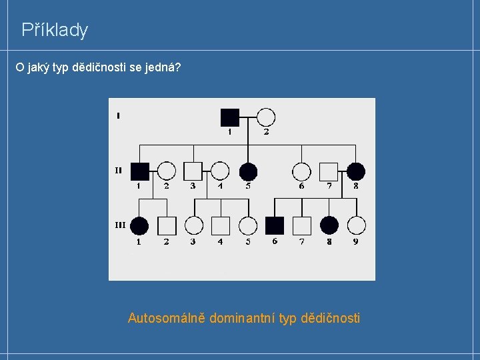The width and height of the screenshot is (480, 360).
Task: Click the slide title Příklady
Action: pos(55,30)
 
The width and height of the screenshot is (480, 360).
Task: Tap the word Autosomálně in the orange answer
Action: pos(167,318)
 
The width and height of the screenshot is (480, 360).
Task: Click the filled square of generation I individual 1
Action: pos(229,117)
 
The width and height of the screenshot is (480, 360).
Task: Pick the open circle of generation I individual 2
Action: pos(266,117)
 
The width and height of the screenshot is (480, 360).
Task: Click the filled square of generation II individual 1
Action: pos(139,171)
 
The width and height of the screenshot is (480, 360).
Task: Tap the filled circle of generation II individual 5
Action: pos(248,171)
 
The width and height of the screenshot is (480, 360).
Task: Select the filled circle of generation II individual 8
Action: pos(355,171)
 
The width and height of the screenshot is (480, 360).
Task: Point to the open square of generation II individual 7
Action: pos(329,171)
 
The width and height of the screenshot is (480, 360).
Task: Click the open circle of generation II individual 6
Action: pos(301,171)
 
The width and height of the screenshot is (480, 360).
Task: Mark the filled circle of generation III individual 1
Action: pos(139,225)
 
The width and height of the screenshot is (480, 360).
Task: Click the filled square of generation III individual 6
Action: pos(275,225)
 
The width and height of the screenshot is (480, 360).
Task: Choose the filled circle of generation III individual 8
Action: pos(329,225)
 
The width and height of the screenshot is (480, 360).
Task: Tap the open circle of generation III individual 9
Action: pos(356,225)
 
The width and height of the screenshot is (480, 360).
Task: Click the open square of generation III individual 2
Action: pos(167,225)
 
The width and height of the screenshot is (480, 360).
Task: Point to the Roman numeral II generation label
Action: pos(118,170)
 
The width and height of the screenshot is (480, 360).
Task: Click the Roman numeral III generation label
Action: pos(119,225)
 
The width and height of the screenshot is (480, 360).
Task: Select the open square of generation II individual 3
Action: pos(193,171)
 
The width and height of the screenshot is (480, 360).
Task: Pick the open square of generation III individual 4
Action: pos(221,225)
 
